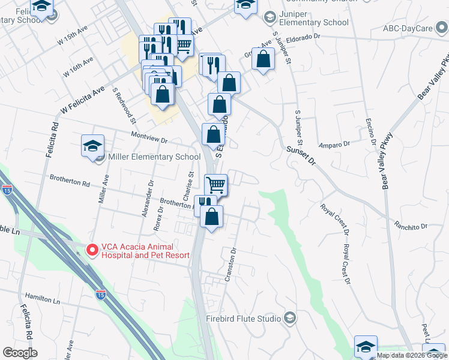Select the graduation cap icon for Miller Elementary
pyautogui.click(x=92, y=146)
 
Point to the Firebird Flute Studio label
pyautogui.click(x=244, y=318)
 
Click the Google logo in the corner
pyautogui.click(x=20, y=353)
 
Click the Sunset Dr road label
pyautogui.click(x=301, y=157)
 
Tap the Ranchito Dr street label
pyautogui.click(x=410, y=226)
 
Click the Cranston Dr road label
pyautogui.click(x=232, y=264)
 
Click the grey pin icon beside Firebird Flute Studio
pyautogui.click(x=291, y=317)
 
